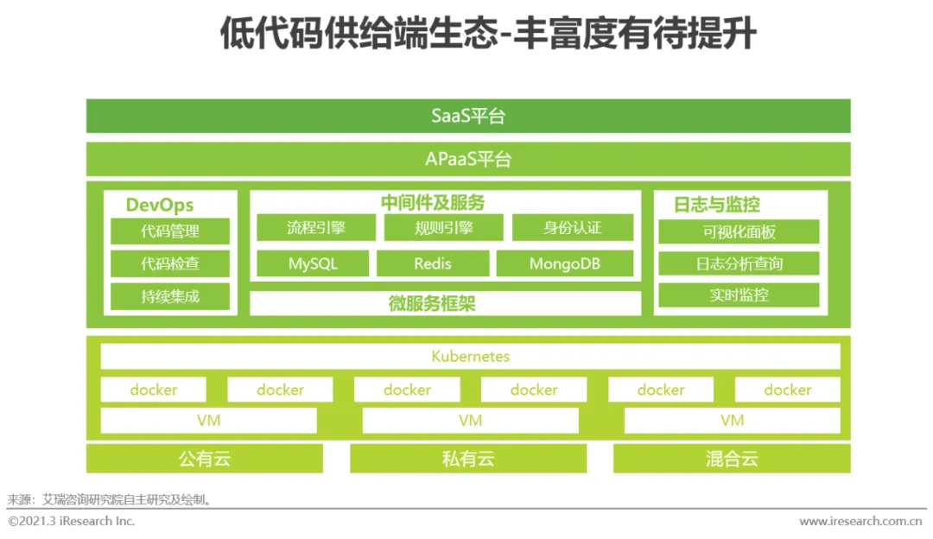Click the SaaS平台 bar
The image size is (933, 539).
click(468, 116)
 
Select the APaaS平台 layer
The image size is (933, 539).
click(468, 160)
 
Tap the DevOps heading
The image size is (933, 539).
click(160, 205)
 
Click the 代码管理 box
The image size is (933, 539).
click(170, 231)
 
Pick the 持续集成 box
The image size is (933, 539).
click(170, 296)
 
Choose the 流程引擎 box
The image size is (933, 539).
click(316, 228)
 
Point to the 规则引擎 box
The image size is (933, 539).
click(443, 228)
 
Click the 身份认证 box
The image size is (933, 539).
click(572, 228)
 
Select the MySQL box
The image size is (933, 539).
click(313, 263)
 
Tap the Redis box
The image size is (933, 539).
click(433, 263)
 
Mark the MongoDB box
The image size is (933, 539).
click(564, 263)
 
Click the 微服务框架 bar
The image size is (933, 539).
click(445, 303)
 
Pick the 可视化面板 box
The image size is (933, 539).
click(739, 231)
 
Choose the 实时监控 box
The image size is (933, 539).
click(739, 295)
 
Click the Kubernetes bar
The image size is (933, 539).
click(470, 356)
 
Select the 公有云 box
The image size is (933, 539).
click(205, 459)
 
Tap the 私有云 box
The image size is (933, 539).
click(467, 459)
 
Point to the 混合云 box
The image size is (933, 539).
click(732, 459)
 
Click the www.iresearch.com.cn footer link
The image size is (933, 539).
click(860, 522)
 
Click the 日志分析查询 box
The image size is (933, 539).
click(739, 263)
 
